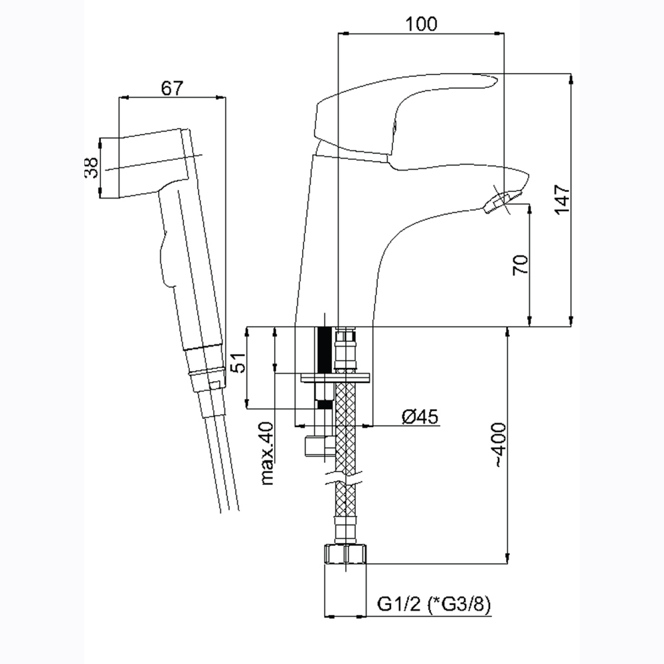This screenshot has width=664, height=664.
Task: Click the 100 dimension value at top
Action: (421, 24)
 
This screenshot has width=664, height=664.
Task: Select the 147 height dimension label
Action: (562, 200)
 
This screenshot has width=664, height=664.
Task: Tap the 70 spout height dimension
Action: (521, 265)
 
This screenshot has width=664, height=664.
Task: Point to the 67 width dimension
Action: (173, 88)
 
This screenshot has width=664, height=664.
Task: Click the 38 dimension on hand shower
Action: (91, 167)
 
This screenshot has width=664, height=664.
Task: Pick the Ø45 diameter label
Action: (420, 417)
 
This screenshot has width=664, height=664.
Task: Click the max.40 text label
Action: (267, 454)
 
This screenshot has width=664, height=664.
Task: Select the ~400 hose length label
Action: (500, 445)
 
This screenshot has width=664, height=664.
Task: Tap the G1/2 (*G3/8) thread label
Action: (434, 605)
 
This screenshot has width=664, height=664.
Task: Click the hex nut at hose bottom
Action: (345, 554)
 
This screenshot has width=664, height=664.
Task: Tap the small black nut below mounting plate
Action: (325, 405)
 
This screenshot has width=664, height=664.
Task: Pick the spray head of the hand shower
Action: (152, 163)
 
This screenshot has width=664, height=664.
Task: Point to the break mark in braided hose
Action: (345, 479)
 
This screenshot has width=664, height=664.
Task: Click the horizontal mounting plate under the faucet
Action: (335, 377)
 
